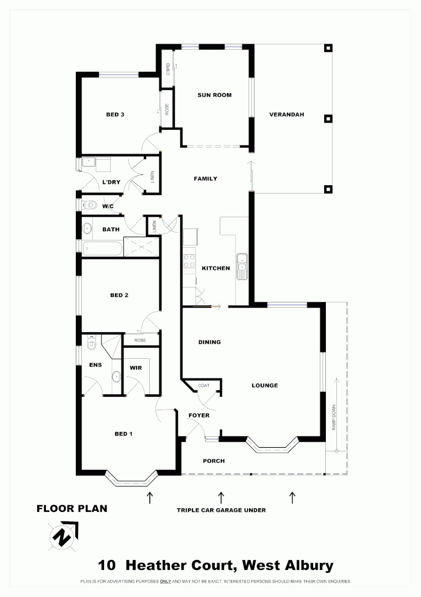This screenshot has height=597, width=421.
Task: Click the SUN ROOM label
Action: click(214, 95)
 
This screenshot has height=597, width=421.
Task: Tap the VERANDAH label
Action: click(287, 115)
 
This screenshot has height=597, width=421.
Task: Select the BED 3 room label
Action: click(115, 115)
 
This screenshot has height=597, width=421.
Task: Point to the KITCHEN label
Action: click(215, 268)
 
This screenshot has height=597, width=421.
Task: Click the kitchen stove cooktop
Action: click(189, 260)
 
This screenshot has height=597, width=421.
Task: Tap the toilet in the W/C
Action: click(87, 205)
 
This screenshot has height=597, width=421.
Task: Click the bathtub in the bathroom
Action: click(102, 248)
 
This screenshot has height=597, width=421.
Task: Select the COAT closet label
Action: click(204, 386)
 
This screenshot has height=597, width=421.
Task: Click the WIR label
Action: click(136, 368)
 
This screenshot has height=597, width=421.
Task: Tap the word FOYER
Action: click(199, 415)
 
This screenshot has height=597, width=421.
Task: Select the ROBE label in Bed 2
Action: click(140, 341)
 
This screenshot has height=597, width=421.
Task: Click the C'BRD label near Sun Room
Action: click(167, 69)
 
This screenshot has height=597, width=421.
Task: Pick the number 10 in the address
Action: click(107, 565)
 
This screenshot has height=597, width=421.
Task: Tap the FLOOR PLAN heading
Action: click(72, 509)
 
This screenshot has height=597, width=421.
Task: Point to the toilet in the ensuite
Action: click(92, 345)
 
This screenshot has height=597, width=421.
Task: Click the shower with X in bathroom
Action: click(141, 247)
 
